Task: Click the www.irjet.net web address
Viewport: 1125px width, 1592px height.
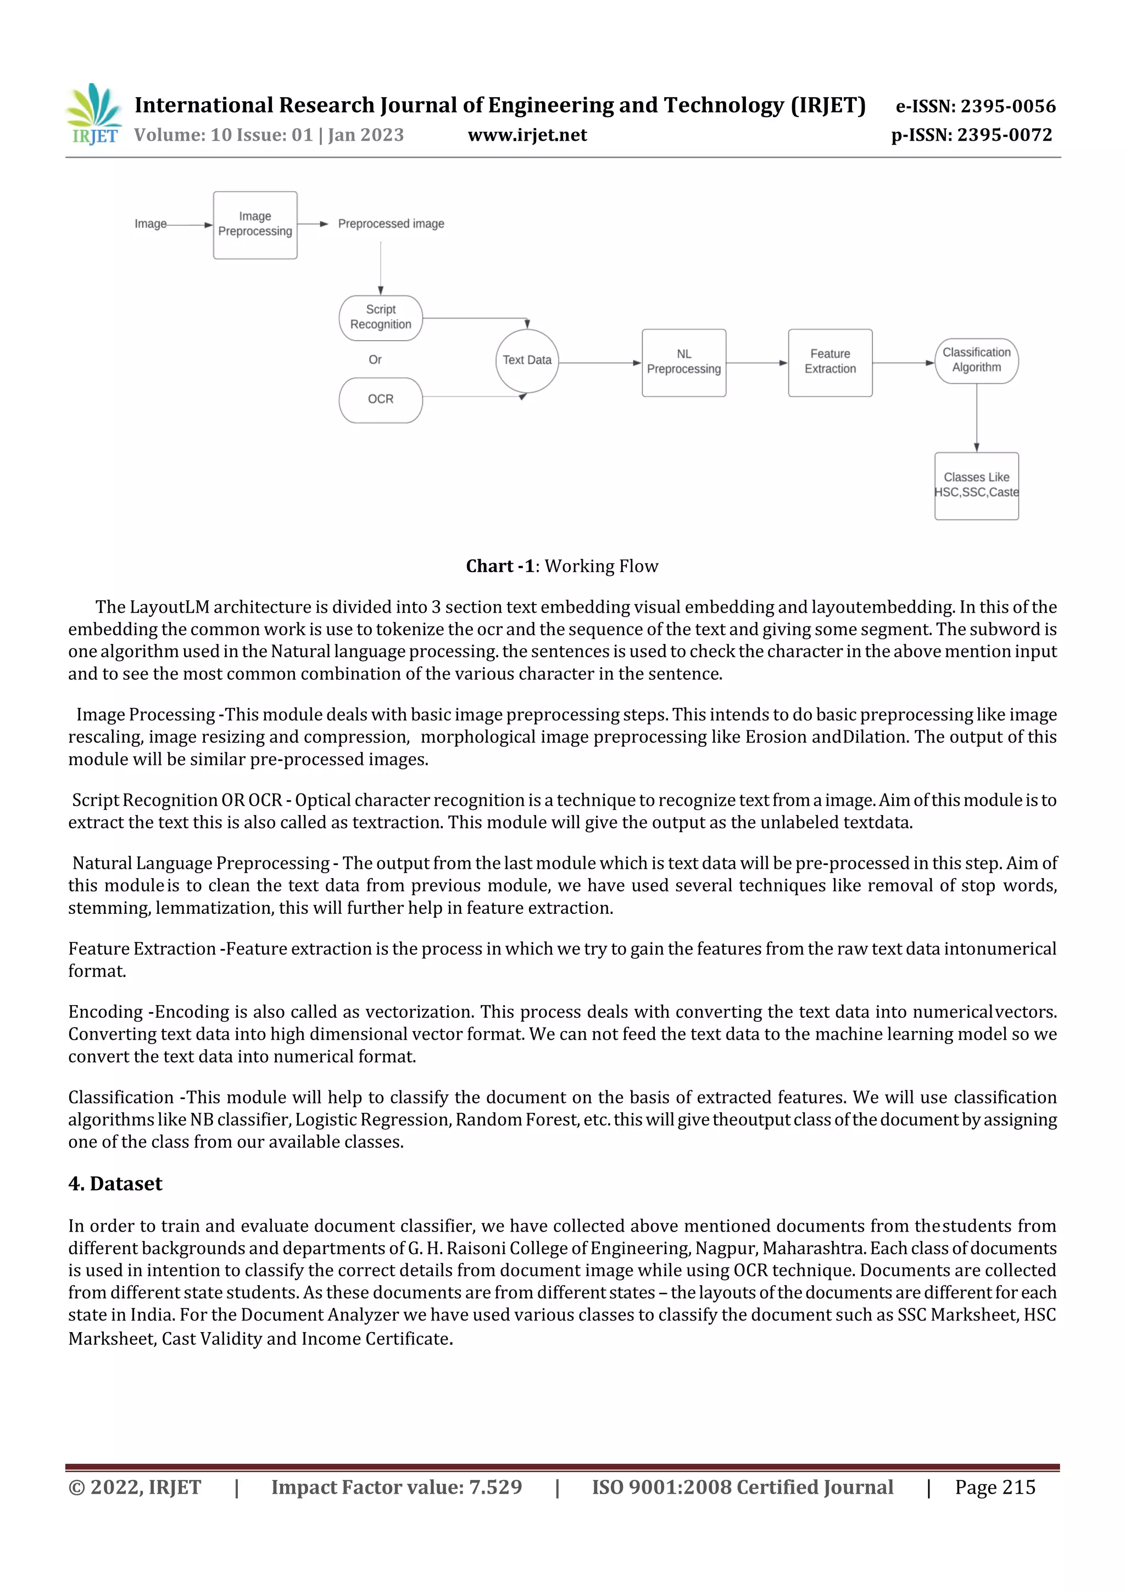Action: (x=527, y=135)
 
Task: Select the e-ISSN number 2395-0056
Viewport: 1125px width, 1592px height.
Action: (x=975, y=106)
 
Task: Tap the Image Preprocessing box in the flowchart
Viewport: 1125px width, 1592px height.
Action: (x=255, y=225)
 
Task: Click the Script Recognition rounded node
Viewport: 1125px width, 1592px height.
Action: (x=381, y=318)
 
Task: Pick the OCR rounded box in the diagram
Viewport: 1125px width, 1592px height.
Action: (x=381, y=400)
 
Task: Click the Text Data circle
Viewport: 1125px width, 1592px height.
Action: (x=527, y=360)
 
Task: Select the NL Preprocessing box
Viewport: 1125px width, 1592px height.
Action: (x=683, y=362)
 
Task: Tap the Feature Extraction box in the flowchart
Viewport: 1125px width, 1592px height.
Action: (x=829, y=362)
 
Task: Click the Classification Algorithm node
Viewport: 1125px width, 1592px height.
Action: (x=976, y=360)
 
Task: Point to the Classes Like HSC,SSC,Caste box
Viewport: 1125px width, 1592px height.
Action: (x=976, y=485)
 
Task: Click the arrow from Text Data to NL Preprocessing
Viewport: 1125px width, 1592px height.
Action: (x=600, y=363)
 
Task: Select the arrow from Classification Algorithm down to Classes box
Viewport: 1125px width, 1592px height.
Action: (x=977, y=418)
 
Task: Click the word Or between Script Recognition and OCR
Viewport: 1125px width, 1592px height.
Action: (x=375, y=360)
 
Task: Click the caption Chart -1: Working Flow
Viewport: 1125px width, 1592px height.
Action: (x=561, y=567)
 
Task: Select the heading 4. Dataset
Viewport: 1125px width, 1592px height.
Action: (x=115, y=1184)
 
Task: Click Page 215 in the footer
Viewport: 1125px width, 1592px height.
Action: (x=995, y=1487)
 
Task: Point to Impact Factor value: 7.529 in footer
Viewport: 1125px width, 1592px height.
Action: (x=397, y=1487)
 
